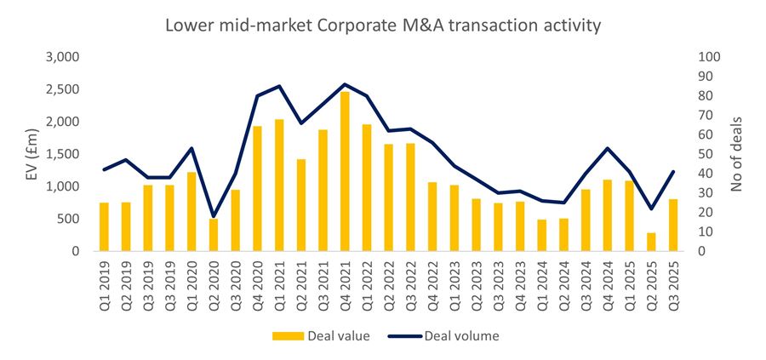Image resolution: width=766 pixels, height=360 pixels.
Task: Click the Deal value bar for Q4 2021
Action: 345,171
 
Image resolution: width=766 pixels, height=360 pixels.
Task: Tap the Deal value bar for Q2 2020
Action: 213,235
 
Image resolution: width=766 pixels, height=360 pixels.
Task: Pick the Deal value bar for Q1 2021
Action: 278,186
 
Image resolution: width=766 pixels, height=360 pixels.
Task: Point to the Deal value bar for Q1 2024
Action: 541,235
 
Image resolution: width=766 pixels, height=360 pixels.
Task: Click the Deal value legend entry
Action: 320,335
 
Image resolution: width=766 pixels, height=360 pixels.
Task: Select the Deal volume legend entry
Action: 443,335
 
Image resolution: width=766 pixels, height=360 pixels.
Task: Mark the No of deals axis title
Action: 737,154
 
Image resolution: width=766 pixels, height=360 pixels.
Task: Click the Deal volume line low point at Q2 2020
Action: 213,217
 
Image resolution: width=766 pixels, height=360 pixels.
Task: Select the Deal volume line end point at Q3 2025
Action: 673,172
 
